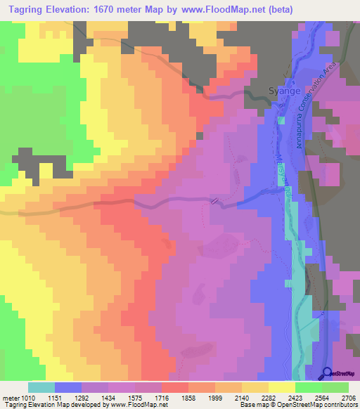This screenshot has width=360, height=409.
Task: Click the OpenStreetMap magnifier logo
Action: [x=328, y=372]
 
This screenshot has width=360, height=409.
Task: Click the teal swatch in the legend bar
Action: [x=41, y=387]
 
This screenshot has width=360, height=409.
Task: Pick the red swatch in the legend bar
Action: [x=175, y=387]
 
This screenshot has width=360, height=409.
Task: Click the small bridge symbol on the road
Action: [x=215, y=200]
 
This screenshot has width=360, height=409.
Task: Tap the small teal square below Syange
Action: [x=281, y=120]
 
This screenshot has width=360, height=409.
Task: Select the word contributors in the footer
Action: [x=338, y=405]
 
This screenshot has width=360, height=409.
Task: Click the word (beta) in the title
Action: [x=275, y=9]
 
